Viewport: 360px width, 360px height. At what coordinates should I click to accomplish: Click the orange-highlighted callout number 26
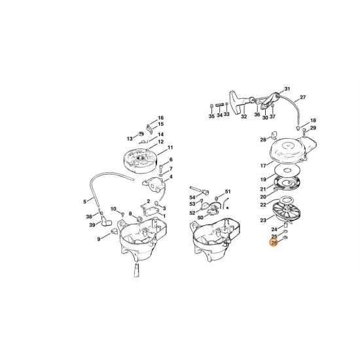[274, 242]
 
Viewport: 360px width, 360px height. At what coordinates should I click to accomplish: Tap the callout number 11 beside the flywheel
[170, 148]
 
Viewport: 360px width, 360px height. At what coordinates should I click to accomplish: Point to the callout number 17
[263, 166]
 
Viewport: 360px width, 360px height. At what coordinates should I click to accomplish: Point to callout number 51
[228, 192]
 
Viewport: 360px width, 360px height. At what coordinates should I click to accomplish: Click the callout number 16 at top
[160, 117]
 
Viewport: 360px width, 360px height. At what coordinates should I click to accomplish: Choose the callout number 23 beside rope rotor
[263, 221]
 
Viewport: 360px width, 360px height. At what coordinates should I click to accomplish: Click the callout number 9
[99, 239]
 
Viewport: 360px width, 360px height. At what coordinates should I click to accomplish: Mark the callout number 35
[211, 116]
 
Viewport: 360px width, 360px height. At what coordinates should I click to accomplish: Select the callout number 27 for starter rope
[302, 98]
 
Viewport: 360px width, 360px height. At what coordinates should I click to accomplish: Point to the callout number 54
[192, 196]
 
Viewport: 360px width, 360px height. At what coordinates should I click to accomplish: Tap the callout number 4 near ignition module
[171, 176]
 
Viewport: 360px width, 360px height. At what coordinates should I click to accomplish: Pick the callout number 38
[89, 217]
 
